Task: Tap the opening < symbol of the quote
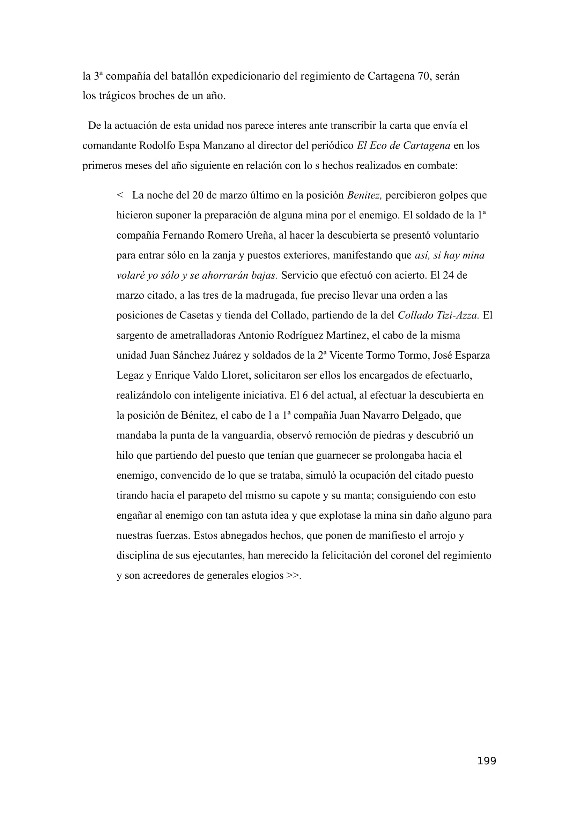click(x=120, y=195)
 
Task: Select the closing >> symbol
click(x=292, y=575)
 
